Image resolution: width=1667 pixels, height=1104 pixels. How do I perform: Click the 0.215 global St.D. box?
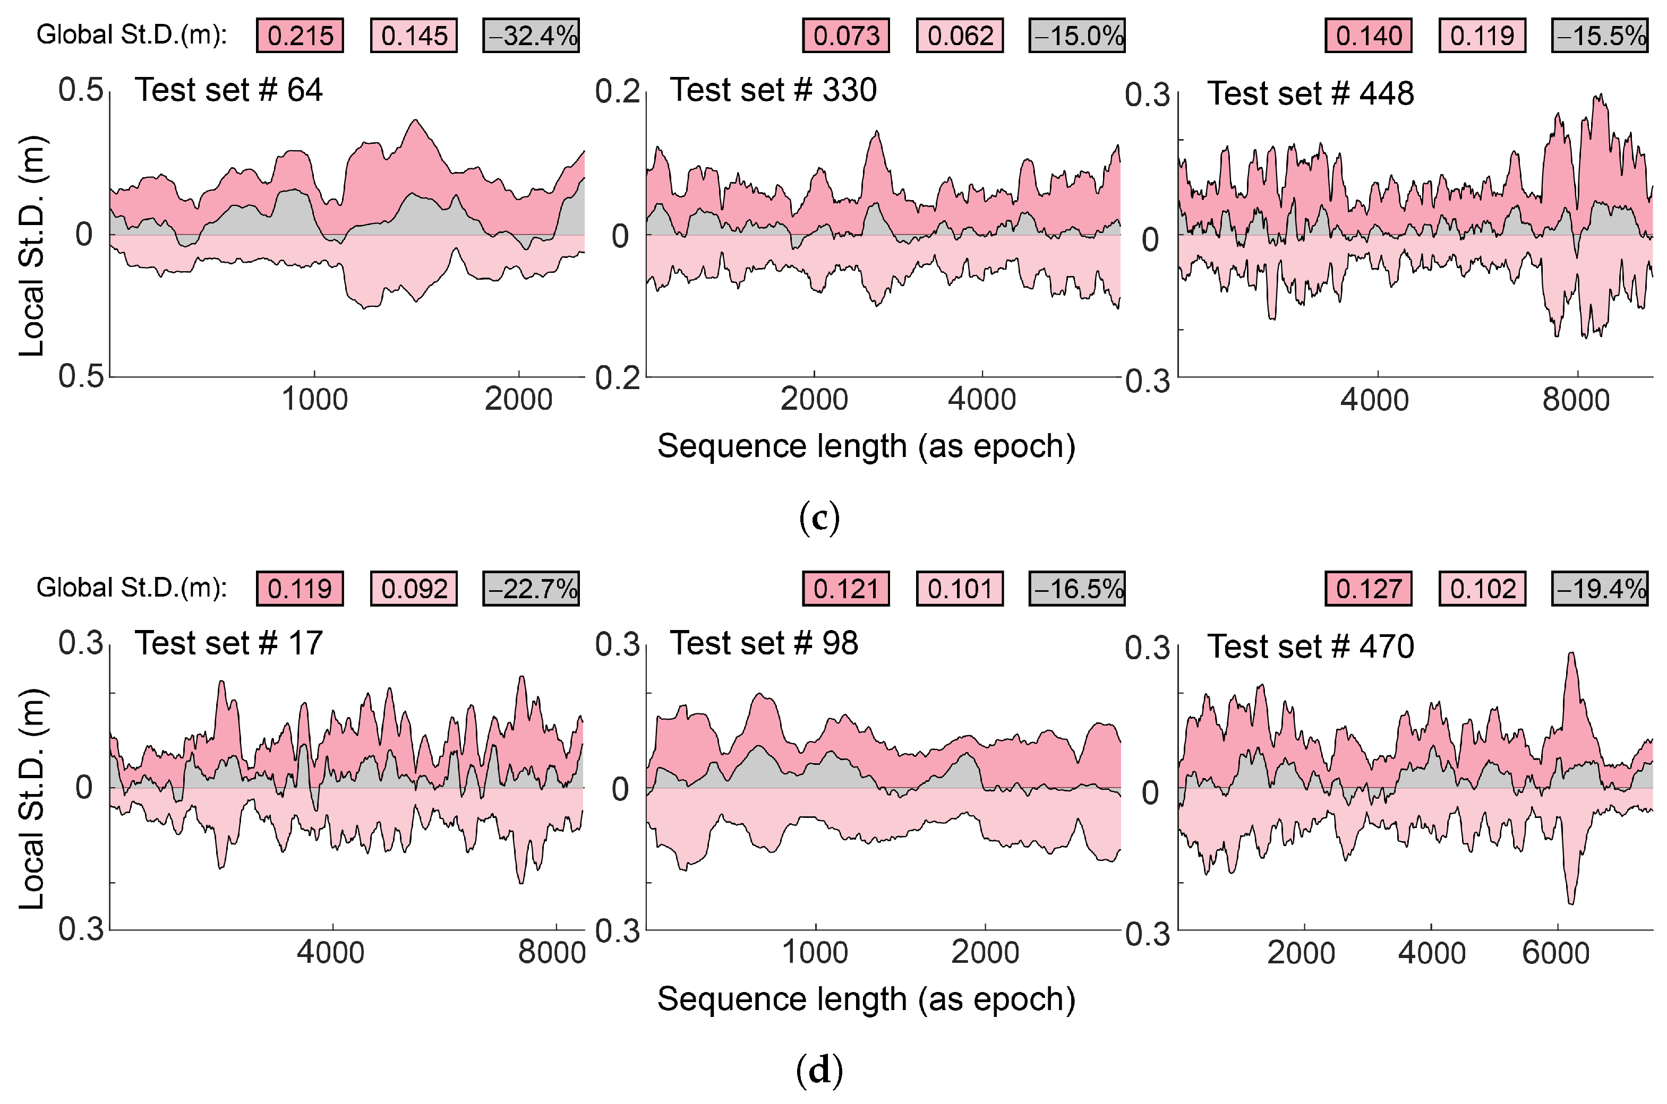pos(300,35)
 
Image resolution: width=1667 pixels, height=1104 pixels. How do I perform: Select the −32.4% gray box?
pos(531,35)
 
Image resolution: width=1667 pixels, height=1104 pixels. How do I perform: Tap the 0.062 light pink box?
pos(960,35)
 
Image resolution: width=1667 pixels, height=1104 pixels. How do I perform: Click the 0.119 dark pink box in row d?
pos(300,588)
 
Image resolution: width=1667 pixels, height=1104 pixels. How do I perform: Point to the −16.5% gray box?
pos(1077,588)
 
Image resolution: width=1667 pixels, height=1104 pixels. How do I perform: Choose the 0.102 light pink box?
pos(1483,588)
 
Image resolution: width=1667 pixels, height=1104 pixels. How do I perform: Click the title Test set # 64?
pos(228,90)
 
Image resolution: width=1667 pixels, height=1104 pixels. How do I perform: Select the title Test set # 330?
pos(773,90)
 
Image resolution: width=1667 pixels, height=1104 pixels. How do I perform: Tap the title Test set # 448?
pos(1310,93)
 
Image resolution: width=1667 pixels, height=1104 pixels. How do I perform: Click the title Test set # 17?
pos(228,643)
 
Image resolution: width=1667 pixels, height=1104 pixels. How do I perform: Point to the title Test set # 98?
pos(764,643)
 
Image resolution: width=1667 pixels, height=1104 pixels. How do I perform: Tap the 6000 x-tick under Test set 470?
pos(1555,953)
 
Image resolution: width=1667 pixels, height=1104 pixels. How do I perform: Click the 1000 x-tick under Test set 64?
pos(315,400)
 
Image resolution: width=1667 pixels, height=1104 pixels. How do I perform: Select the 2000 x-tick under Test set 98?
pos(985,953)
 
